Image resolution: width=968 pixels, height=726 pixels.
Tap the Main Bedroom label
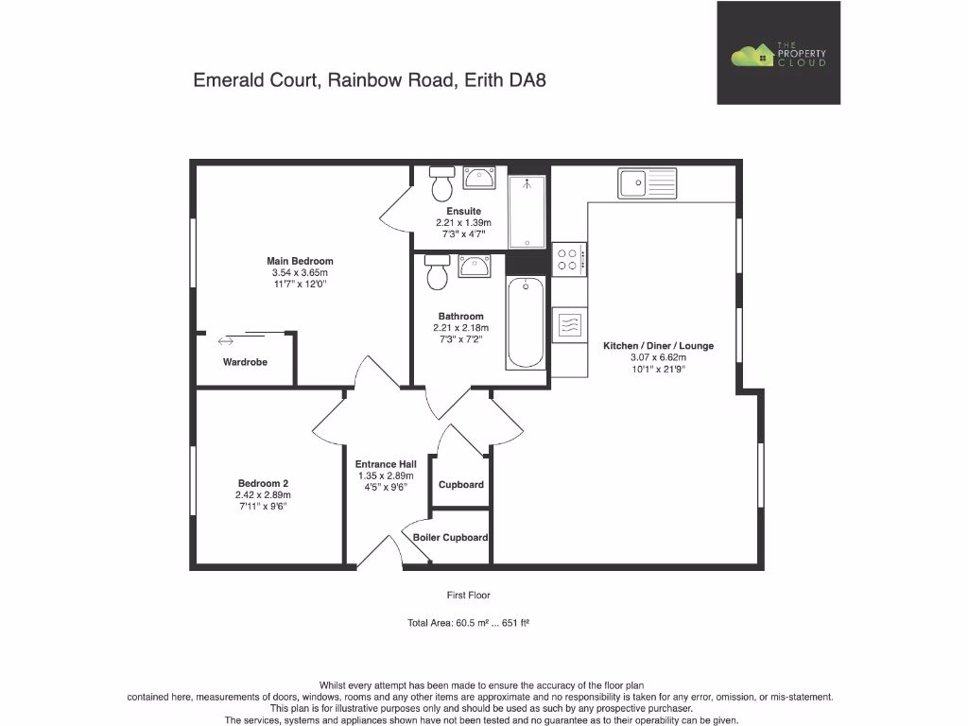coord(299,261)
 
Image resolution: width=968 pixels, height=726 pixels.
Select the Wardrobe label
coord(245,362)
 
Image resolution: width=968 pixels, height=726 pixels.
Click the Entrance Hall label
coord(386,464)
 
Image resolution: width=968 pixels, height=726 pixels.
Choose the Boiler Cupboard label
coord(450,537)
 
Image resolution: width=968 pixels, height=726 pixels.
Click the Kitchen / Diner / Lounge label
coord(658,346)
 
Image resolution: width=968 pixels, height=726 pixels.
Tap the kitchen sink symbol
coord(648,182)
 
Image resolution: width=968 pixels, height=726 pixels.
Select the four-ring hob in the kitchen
coord(569,259)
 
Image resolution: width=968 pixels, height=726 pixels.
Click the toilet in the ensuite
coord(441,183)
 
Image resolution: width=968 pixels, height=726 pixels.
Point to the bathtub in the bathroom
coord(526,322)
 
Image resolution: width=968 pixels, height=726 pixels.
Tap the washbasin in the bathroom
coord(473,268)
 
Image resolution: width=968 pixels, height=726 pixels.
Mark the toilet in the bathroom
coord(437,271)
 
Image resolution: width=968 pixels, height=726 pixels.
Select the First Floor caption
coord(469,596)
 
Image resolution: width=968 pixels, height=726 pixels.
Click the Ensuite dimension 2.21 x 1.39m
coord(464,223)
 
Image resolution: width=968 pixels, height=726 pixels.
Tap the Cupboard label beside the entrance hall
coord(460,485)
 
